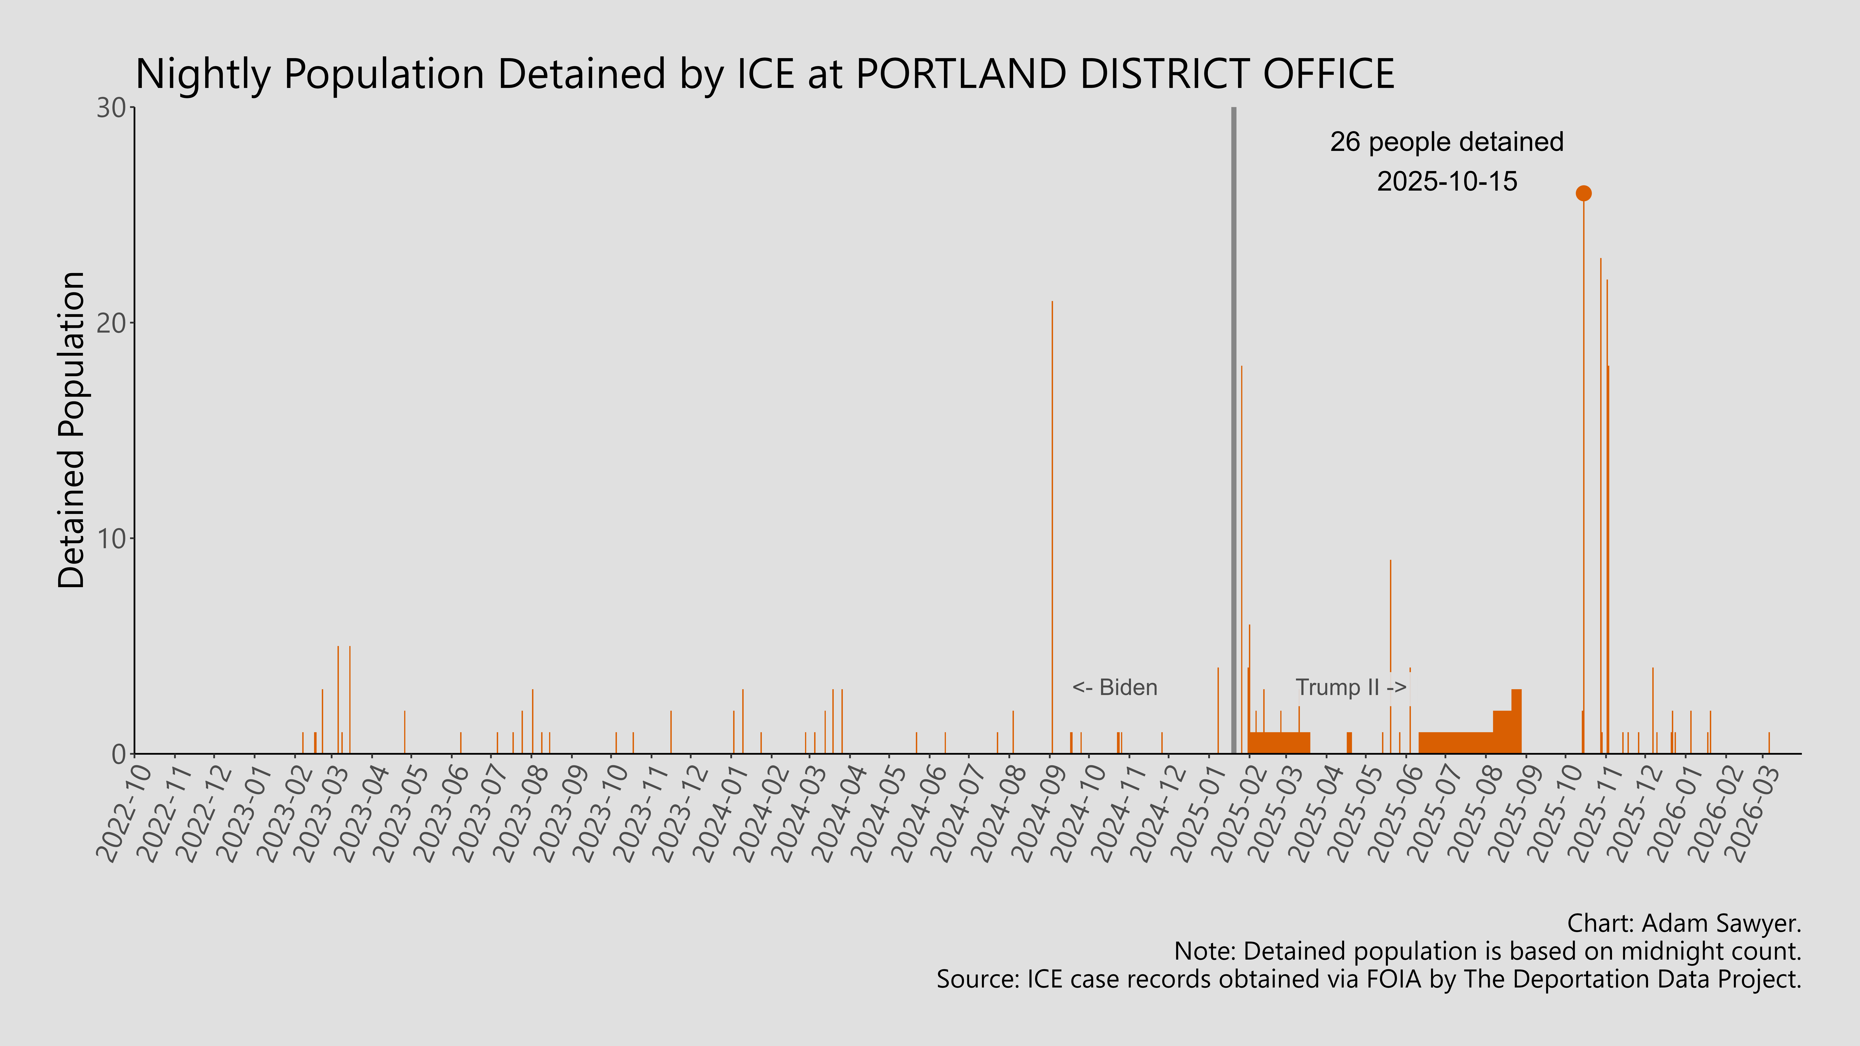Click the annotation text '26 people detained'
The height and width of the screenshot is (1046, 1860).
pyautogui.click(x=1446, y=142)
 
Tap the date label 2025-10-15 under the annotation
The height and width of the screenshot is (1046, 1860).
pyautogui.click(x=1446, y=181)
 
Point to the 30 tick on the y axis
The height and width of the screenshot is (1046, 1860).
pyautogui.click(x=112, y=108)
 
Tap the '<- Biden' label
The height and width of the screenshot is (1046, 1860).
pyautogui.click(x=1114, y=687)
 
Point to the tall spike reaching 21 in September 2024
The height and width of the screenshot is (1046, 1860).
pyautogui.click(x=1052, y=505)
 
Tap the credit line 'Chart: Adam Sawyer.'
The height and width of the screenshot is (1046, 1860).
pyautogui.click(x=1684, y=923)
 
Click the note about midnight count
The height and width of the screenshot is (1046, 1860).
pyautogui.click(x=1487, y=951)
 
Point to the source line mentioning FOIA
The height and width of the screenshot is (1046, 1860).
pyautogui.click(x=1368, y=980)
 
